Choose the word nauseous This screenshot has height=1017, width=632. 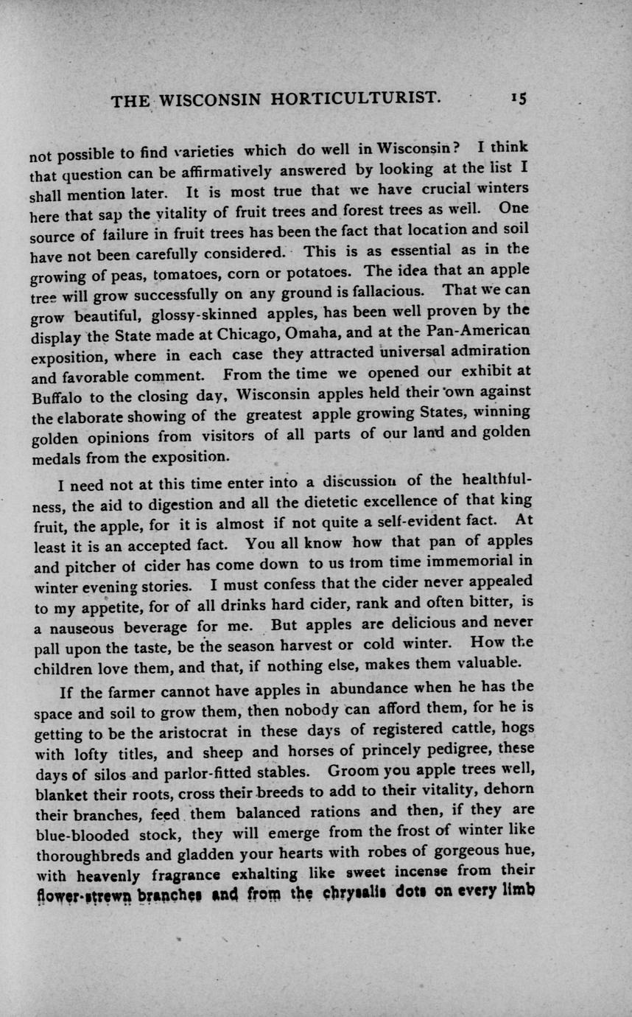82,629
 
